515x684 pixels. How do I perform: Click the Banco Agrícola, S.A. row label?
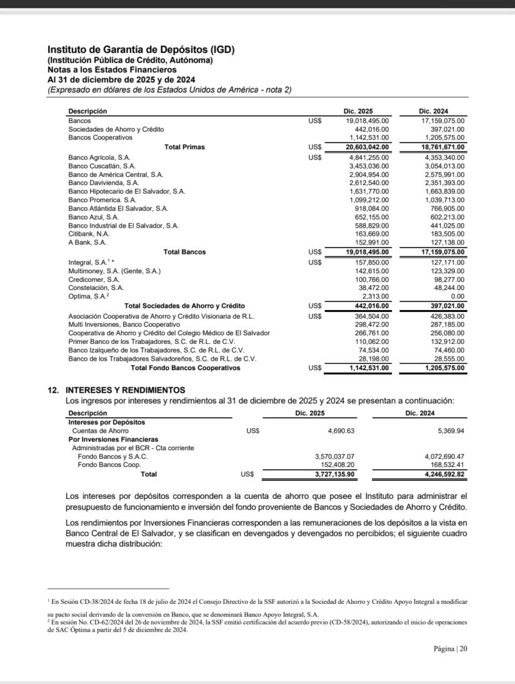point(99,156)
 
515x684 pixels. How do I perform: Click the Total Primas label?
point(184,146)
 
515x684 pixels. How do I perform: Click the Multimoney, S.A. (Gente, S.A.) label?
point(115,271)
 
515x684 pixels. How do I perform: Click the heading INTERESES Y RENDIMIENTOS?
point(126,389)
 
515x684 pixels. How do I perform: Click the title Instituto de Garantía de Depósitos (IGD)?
point(141,49)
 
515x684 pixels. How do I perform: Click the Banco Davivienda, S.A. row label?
point(104,182)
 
